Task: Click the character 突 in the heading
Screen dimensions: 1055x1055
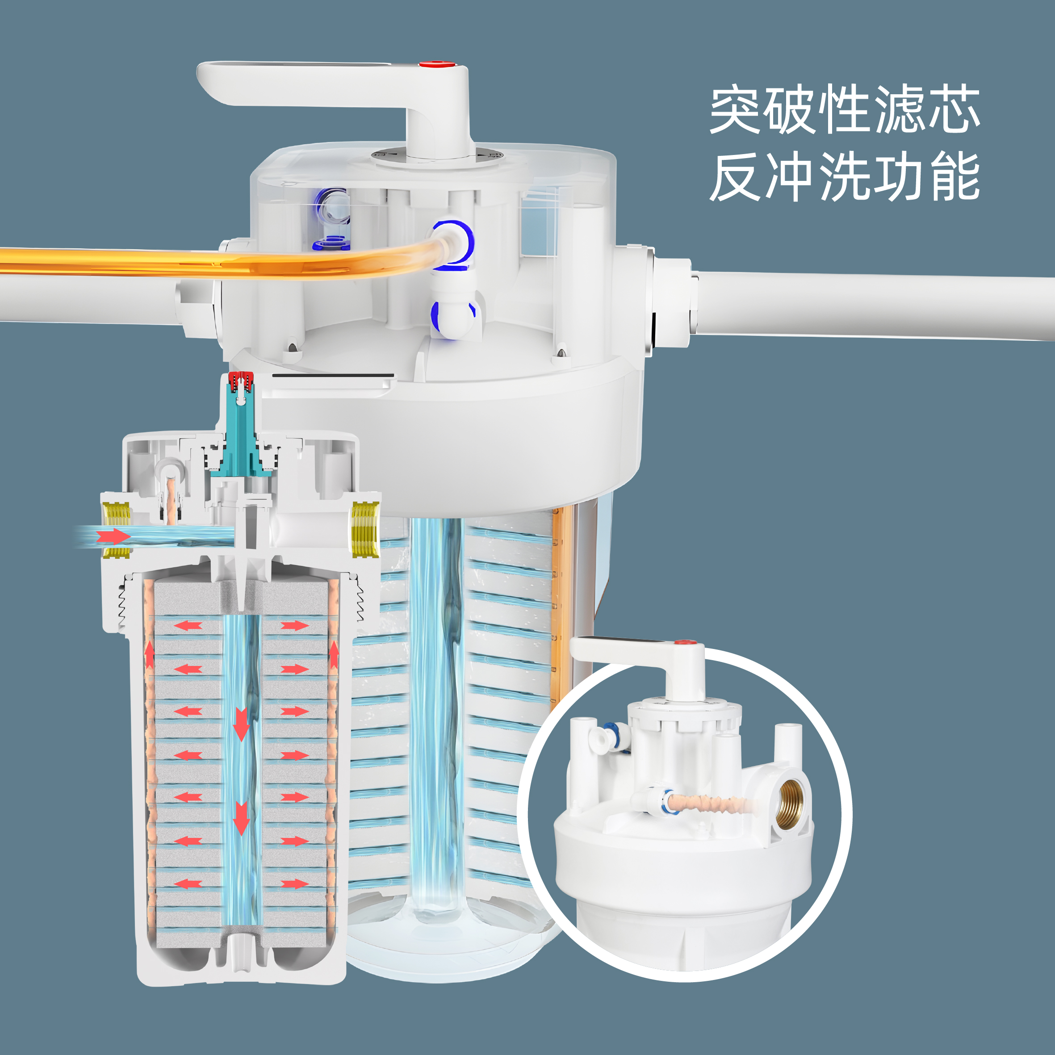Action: coord(734,109)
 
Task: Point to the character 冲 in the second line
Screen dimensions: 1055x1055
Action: coord(789,176)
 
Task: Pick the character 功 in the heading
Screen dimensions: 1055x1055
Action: coord(900,176)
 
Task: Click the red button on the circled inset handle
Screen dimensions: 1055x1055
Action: coord(684,642)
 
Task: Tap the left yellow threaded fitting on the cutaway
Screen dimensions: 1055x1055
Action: coord(116,529)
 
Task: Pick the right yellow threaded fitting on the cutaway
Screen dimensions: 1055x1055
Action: coord(365,529)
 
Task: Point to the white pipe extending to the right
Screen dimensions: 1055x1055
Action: coord(874,306)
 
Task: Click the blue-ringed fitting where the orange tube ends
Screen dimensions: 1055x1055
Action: coord(453,246)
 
